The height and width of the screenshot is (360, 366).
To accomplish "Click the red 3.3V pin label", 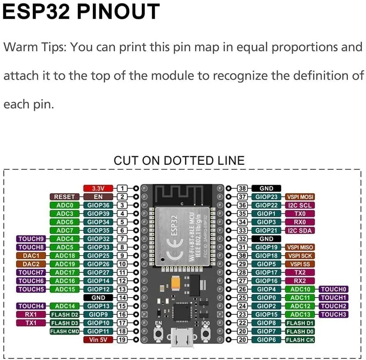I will [x=98, y=188].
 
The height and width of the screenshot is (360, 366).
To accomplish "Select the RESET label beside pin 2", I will [x=64, y=197].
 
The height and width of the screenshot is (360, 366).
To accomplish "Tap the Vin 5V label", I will [x=98, y=340].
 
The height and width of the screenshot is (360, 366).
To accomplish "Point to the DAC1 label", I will [x=31, y=256].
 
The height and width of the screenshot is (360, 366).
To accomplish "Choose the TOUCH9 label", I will [x=31, y=239].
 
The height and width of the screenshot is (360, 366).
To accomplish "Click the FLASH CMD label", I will [x=64, y=331].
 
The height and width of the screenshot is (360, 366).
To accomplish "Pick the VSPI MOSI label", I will [x=300, y=197].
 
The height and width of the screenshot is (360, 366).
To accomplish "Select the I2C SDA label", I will [x=300, y=231].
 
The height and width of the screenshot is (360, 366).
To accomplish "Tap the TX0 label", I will [x=300, y=214].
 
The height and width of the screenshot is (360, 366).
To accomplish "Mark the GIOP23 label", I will [x=267, y=197].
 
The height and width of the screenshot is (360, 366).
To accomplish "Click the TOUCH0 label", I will [x=334, y=289].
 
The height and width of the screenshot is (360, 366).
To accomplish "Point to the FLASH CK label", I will [x=300, y=340].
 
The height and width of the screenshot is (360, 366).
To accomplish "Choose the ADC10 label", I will [x=300, y=289].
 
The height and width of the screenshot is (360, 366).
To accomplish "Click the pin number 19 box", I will [x=122, y=340].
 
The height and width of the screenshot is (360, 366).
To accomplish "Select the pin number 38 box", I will [x=242, y=188].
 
